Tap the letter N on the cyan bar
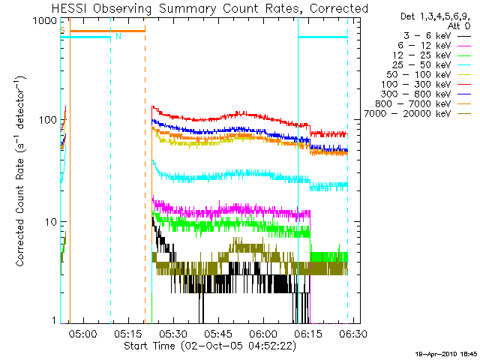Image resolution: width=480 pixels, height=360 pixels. (118, 36)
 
